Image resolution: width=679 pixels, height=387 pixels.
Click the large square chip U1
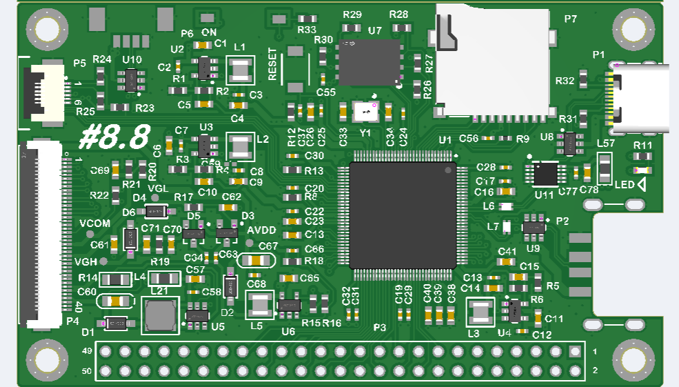tap(403, 215)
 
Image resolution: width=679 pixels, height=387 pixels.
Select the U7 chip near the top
tap(369, 62)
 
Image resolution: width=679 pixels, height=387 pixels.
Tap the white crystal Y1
tap(365, 111)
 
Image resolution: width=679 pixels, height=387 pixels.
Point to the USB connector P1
tap(639, 99)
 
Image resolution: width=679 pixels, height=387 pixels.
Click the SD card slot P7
tap(493, 59)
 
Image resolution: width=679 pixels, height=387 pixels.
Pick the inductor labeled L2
tap(241, 147)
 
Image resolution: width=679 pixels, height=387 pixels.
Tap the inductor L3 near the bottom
tap(480, 312)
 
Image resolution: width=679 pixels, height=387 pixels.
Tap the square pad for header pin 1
tap(575, 352)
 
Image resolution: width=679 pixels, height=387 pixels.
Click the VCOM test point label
tap(94, 224)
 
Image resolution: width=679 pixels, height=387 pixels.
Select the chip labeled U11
tap(545, 174)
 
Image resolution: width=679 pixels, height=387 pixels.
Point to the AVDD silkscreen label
tap(261, 230)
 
